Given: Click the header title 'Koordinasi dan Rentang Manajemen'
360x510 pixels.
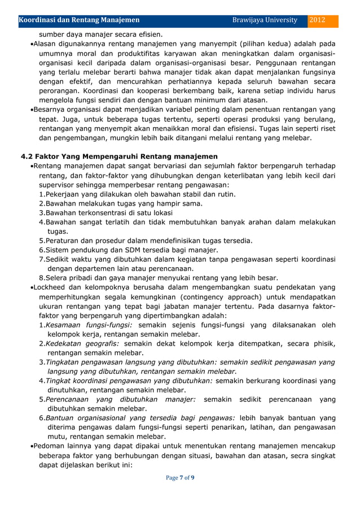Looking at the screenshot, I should pos(80,20).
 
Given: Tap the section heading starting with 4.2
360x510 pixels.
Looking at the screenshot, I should pos(119,156).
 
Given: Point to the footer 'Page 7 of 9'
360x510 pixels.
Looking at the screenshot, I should pos(179,478).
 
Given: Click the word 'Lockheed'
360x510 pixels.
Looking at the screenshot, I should pos(51,287).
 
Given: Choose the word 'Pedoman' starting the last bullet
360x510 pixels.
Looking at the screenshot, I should pos(50,446).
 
